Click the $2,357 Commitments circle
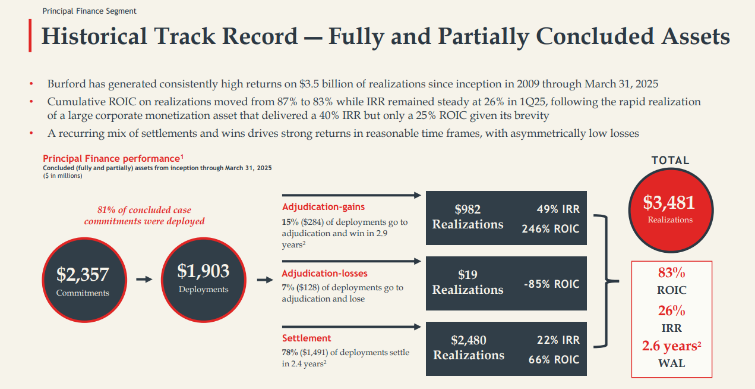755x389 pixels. (x=83, y=280)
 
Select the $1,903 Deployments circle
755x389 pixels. (x=203, y=277)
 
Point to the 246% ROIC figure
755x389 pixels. (x=550, y=228)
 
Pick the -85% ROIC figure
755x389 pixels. (x=551, y=284)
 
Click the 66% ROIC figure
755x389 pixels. (x=554, y=359)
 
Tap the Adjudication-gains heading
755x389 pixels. (x=323, y=207)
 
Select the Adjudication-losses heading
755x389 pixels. (x=324, y=274)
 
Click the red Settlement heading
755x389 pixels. (x=307, y=338)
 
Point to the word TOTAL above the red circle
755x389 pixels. (x=670, y=161)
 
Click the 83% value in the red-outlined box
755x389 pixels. (x=671, y=274)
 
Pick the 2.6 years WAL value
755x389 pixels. (x=671, y=346)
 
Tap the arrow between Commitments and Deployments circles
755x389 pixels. (x=144, y=278)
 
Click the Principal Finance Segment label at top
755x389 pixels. (x=89, y=11)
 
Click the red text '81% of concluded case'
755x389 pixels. (x=144, y=210)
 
